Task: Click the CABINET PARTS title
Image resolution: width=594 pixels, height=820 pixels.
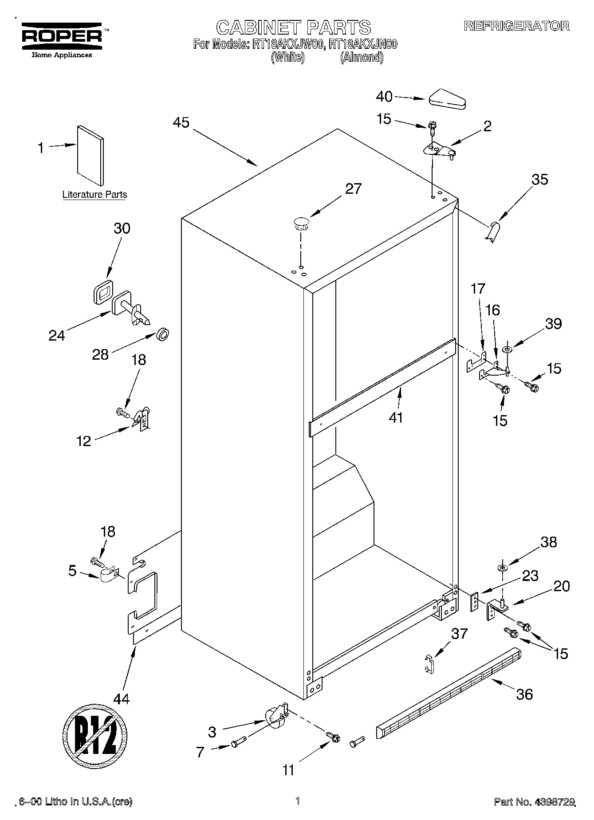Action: tap(293, 27)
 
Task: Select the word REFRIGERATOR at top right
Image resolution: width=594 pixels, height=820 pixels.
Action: tap(516, 26)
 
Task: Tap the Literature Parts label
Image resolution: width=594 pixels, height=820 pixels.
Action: tap(94, 194)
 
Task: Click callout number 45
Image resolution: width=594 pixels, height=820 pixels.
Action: tap(181, 123)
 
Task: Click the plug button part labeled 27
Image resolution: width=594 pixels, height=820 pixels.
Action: tap(301, 224)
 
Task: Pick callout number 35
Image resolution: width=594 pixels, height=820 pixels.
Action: tap(539, 180)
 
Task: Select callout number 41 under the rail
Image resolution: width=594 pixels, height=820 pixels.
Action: tap(396, 417)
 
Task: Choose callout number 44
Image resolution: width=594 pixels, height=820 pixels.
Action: tap(121, 699)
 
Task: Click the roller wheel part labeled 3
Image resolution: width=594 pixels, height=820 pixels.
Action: tap(275, 716)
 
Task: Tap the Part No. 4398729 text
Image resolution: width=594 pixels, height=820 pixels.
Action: tap(535, 802)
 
